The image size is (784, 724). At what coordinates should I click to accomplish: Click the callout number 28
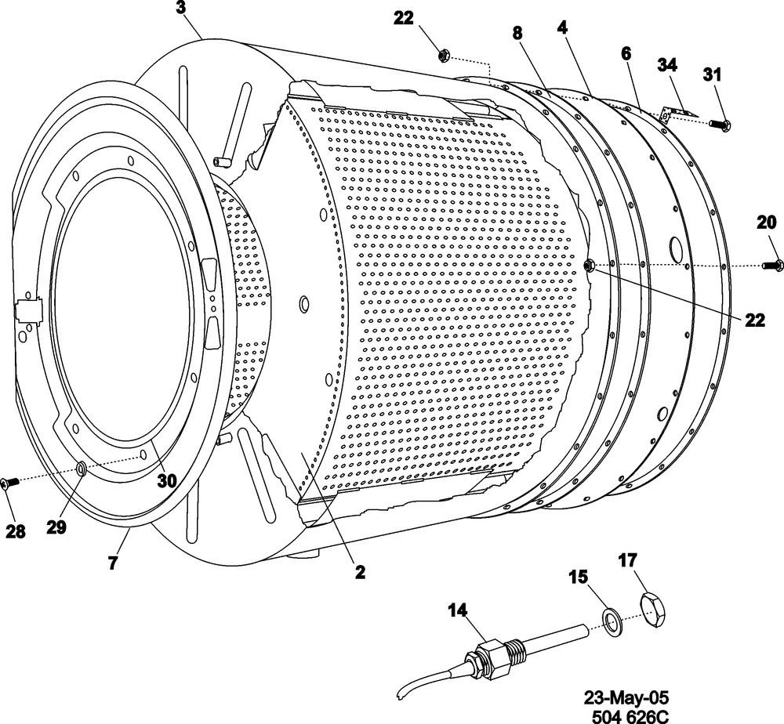[x=15, y=531]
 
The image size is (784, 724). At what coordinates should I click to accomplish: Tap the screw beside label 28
[x=9, y=484]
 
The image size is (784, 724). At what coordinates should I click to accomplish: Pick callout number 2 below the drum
[x=359, y=572]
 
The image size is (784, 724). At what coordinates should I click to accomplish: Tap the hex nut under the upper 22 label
[x=441, y=56]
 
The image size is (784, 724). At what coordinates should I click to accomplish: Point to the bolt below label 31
[x=718, y=124]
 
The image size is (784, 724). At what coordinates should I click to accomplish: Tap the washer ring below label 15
[x=610, y=623]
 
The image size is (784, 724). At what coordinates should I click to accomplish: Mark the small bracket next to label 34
[x=672, y=114]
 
